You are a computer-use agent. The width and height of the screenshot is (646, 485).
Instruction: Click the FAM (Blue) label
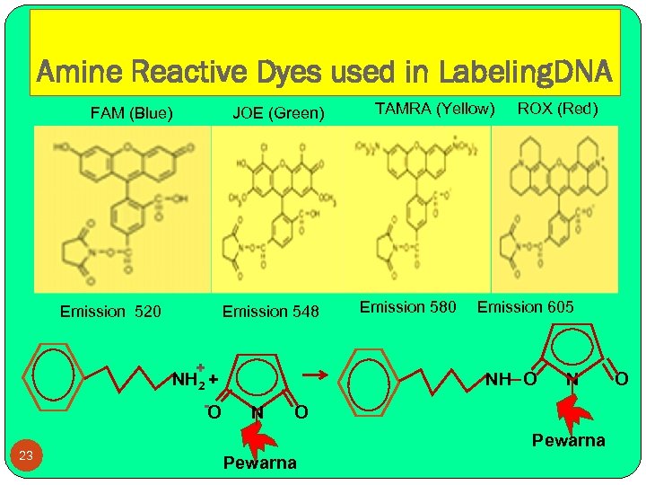pyautogui.click(x=132, y=113)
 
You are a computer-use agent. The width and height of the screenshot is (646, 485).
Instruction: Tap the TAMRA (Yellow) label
pyautogui.click(x=434, y=109)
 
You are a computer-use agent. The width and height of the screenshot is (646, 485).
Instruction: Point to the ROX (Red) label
pyautogui.click(x=556, y=109)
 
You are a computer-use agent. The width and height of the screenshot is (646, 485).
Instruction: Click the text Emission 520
pyautogui.click(x=110, y=312)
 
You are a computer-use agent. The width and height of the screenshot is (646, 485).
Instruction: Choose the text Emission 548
pyautogui.click(x=270, y=312)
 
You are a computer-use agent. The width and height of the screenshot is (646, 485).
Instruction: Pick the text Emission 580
pyautogui.click(x=408, y=307)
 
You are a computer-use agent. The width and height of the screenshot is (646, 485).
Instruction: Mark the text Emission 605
pyautogui.click(x=525, y=307)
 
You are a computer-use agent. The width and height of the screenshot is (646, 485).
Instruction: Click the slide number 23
pyautogui.click(x=26, y=456)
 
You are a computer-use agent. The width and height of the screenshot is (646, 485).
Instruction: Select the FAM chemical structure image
pyautogui.click(x=123, y=208)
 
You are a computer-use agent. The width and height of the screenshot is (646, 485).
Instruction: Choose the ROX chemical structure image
pyautogui.click(x=555, y=208)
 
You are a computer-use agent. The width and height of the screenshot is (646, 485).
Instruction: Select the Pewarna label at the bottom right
pyautogui.click(x=568, y=440)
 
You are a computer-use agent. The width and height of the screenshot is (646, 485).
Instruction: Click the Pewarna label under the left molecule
pyautogui.click(x=259, y=463)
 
